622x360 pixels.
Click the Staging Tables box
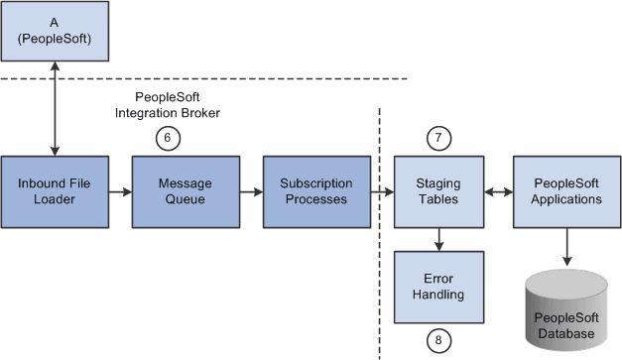click(437, 191)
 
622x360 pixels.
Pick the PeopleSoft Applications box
click(566, 191)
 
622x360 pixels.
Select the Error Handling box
click(437, 287)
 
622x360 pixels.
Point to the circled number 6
click(170, 139)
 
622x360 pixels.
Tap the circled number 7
click(437, 139)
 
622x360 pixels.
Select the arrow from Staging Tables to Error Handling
click(437, 239)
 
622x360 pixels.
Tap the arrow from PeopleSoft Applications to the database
click(566, 247)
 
